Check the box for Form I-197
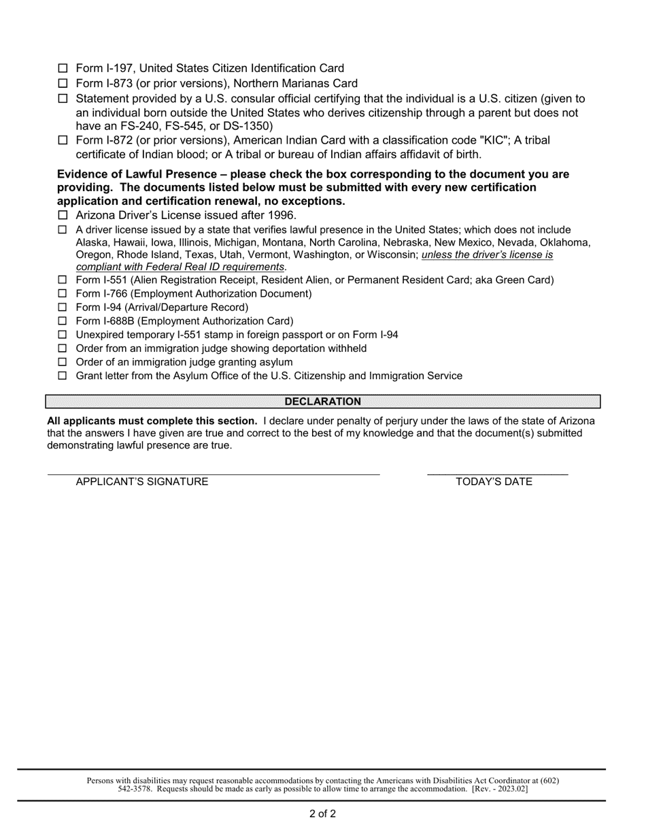63,68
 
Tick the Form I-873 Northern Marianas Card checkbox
63,84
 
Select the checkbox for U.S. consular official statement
63,99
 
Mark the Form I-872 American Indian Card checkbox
63,140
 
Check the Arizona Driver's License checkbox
63,216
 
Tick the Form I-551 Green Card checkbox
63,280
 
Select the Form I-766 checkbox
63,294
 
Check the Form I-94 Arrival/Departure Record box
63,308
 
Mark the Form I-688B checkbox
63,321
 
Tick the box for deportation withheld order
63,348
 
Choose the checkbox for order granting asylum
63,362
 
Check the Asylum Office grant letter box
63,376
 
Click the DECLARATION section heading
323,401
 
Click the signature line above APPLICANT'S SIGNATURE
213,472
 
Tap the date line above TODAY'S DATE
497,472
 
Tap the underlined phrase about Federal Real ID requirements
180,267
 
